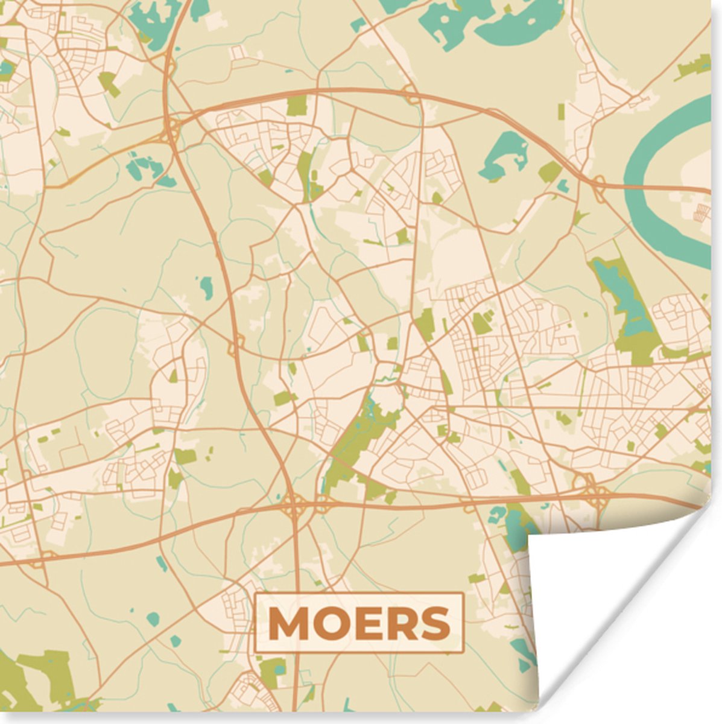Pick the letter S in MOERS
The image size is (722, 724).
434,623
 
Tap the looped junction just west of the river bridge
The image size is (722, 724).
601,182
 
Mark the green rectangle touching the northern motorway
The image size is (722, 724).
296,105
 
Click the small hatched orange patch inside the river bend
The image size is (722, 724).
702,211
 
